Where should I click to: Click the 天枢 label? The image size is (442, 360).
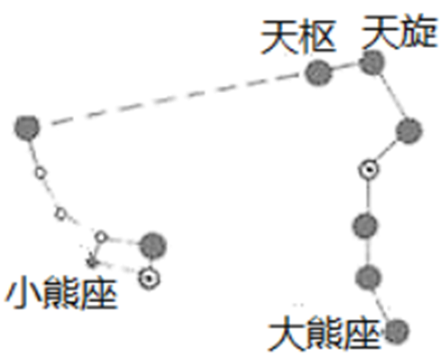299,36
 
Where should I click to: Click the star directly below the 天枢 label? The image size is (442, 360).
317,72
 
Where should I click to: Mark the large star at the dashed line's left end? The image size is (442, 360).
27,127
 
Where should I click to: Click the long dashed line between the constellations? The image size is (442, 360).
171,99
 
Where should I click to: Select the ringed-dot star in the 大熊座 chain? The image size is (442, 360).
367,169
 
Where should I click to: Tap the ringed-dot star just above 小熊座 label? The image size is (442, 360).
148,277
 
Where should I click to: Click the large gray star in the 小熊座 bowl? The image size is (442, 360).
152,242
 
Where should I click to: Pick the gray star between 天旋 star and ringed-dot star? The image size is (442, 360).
409,131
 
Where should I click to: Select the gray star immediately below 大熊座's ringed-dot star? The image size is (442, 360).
364,224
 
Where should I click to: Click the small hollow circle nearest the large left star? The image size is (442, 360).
39,172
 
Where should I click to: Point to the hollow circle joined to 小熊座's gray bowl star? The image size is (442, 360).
101,237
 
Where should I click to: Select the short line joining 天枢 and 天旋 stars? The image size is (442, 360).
344,67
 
